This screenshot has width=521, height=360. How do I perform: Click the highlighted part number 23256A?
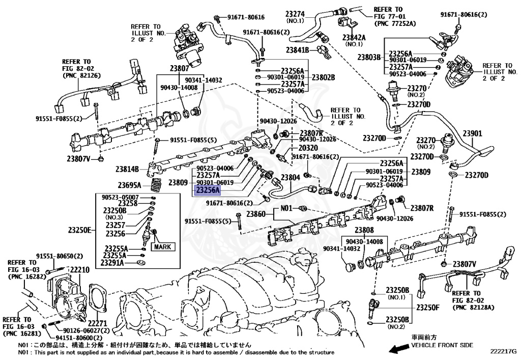click(208, 191)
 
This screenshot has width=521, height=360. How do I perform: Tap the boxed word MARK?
click(163, 247)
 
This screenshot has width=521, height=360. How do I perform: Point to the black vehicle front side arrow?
click(397, 348)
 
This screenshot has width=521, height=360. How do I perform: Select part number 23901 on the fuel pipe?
click(472, 134)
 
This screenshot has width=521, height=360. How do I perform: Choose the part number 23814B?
click(127, 169)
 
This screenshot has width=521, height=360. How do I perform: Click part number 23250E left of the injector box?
click(80, 231)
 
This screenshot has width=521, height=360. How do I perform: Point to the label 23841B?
click(298, 50)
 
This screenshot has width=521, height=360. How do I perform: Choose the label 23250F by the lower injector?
click(427, 307)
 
